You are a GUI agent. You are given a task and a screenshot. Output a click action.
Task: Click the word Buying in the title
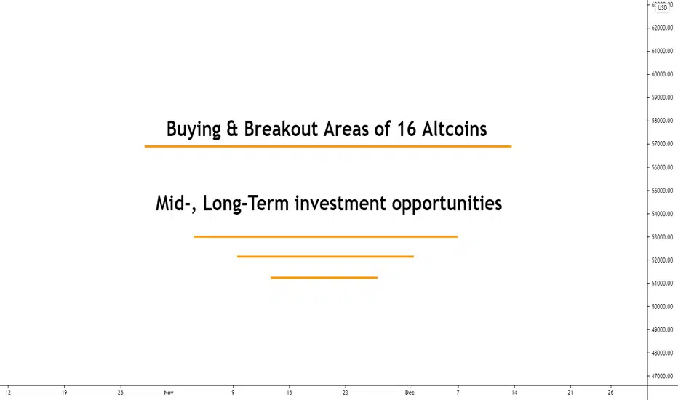point(194,129)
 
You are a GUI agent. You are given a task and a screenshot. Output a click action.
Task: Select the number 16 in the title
point(406,129)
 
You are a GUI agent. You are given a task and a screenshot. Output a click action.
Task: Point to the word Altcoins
point(455,129)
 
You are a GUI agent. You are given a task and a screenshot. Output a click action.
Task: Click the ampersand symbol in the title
point(232,129)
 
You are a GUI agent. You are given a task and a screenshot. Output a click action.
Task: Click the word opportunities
point(447,204)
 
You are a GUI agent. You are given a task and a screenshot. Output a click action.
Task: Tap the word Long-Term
point(246,203)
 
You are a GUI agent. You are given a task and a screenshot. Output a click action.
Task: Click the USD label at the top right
point(663,8)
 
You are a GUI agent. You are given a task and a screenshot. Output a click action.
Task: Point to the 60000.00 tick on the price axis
point(662,74)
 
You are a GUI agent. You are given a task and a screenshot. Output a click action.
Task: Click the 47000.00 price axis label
point(662,376)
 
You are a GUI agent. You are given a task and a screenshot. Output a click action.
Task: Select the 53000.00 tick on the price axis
point(662,237)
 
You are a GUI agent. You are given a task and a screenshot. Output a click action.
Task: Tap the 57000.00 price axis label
point(662,143)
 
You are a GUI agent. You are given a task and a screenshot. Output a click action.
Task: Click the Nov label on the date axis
point(169,393)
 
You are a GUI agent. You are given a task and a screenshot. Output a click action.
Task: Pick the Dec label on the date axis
point(410,393)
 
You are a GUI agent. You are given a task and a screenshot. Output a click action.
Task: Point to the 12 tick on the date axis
point(8,393)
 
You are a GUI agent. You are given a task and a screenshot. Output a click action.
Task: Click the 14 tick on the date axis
point(514,393)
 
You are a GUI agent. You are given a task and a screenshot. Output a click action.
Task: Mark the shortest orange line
point(324,278)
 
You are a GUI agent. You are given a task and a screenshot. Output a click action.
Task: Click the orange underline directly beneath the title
point(328,147)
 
